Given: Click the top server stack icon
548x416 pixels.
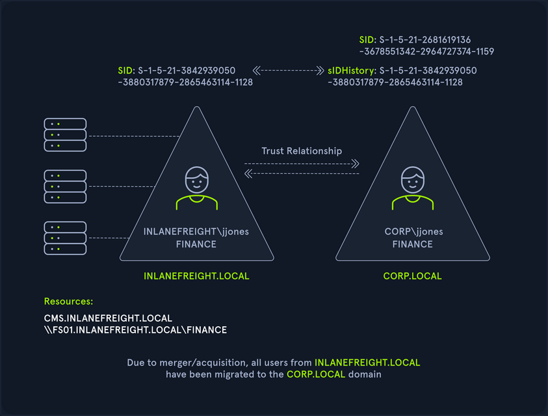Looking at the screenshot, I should click(x=65, y=135).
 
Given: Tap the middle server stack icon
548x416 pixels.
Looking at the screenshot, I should click(x=65, y=186).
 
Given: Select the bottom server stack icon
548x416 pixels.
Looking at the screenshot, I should click(x=65, y=238).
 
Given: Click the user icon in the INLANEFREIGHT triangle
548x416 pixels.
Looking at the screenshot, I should click(x=196, y=189).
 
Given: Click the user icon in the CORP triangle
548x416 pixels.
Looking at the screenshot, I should click(x=412, y=189).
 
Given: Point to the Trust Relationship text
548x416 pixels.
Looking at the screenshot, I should click(x=302, y=151).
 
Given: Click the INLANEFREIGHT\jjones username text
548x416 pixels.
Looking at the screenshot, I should click(x=196, y=232).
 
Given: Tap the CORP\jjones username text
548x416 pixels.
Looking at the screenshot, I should click(x=412, y=232).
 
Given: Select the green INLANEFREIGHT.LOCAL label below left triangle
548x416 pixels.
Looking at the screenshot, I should click(x=196, y=276).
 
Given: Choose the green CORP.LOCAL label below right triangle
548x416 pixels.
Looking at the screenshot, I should click(x=412, y=276).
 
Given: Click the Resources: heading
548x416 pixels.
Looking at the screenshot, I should click(x=68, y=302).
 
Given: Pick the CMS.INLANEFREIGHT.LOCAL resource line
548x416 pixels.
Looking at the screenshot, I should click(x=108, y=318).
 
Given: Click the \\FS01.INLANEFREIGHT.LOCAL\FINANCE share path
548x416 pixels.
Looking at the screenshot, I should click(x=135, y=330).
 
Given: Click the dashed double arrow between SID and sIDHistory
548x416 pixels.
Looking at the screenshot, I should click(x=288, y=70).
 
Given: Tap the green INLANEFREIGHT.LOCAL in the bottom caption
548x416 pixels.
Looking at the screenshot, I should click(x=367, y=362).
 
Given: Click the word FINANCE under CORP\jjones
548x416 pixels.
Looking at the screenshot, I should click(x=412, y=244).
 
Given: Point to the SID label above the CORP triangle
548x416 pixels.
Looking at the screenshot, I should click(x=367, y=39).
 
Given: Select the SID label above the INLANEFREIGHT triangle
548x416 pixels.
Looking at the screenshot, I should click(x=125, y=70).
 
